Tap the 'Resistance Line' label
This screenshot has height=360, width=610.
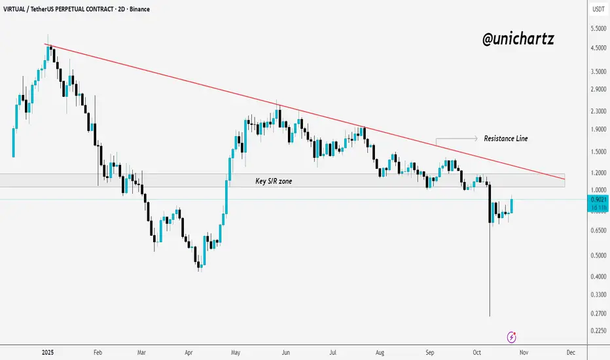point(505,139)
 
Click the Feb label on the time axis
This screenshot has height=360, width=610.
point(98,352)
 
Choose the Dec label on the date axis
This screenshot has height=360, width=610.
point(570,352)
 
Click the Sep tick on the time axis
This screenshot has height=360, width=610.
point(429,352)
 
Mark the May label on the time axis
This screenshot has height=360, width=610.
point(235,352)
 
